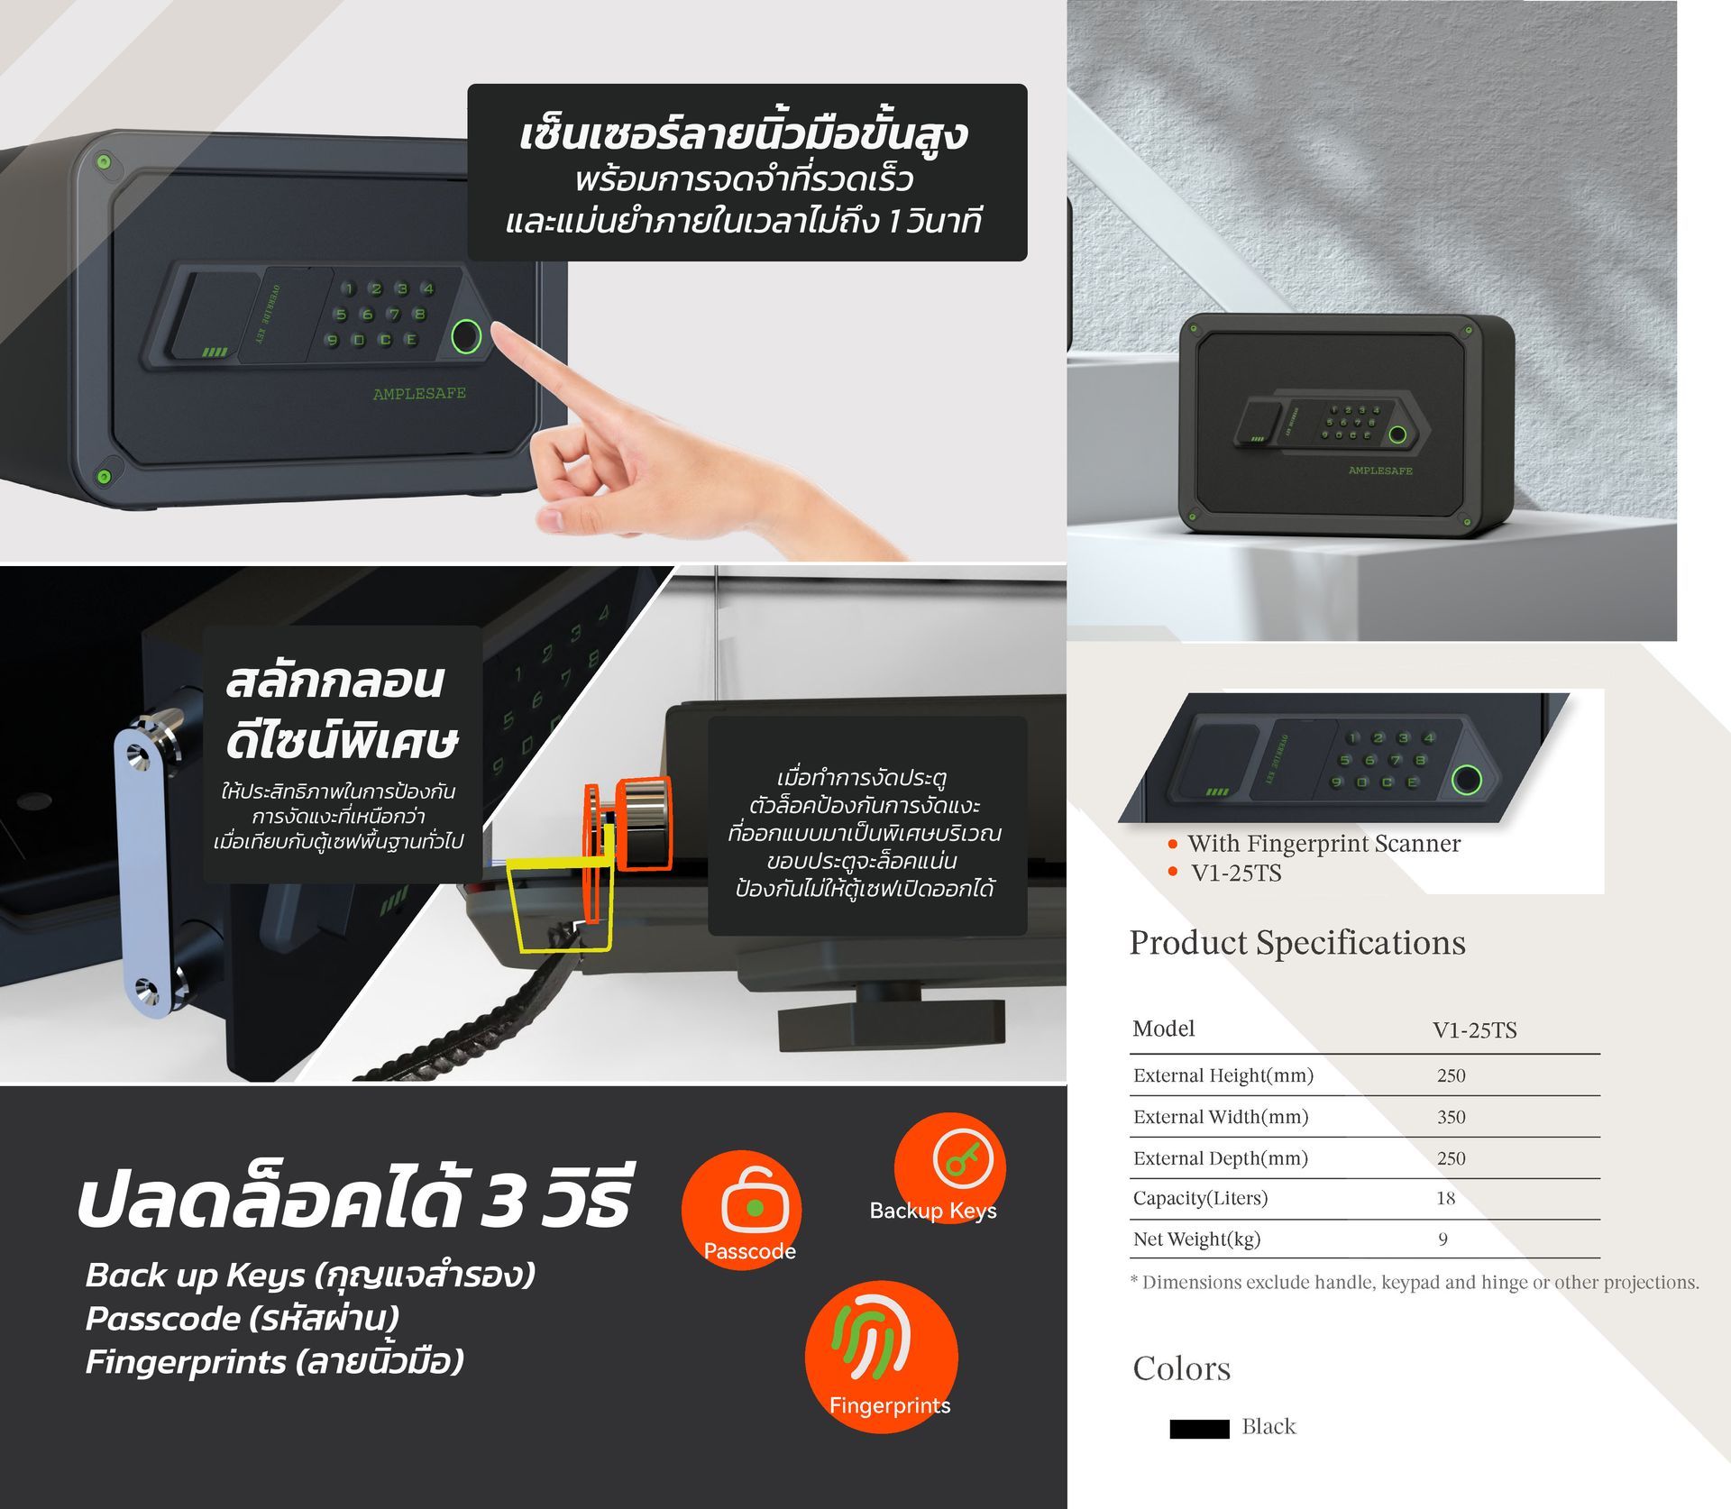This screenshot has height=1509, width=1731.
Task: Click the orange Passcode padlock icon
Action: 741,1210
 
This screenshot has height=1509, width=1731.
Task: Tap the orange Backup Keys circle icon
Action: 949,1168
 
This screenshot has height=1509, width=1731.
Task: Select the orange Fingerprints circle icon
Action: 881,1357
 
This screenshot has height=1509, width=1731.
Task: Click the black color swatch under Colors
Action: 1199,1429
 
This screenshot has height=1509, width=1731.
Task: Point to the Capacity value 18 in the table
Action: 1446,1198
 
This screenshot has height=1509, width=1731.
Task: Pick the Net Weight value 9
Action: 1442,1239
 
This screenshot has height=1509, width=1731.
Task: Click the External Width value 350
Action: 1452,1117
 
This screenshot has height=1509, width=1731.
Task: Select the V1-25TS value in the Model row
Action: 1475,1030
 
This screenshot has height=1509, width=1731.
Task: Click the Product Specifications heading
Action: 1297,944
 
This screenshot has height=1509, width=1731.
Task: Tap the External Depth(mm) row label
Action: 1221,1158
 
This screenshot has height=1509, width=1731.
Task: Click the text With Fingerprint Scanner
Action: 1323,844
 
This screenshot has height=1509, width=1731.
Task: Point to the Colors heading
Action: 1181,1368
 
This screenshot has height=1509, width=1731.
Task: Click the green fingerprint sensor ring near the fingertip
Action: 465,337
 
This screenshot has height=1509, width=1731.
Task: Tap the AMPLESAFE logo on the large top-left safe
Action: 419,393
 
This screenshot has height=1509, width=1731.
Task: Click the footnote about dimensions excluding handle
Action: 1415,1283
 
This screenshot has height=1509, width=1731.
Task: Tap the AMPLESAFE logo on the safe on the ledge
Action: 1380,471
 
